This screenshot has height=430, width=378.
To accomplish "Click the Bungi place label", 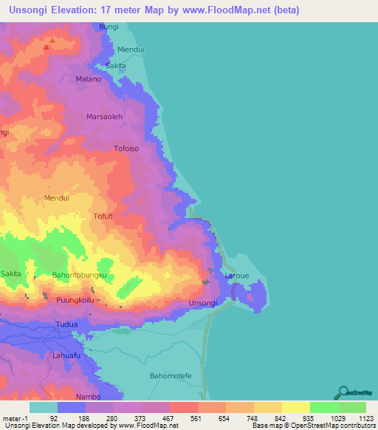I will [x=108, y=27].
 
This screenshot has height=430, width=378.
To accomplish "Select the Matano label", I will [x=89, y=78].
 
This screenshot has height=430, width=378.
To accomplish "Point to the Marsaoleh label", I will [x=104, y=117].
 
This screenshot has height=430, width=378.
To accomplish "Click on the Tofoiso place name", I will [x=127, y=149].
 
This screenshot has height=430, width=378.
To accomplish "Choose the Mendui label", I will [x=57, y=198].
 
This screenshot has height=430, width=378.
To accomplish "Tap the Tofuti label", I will [x=103, y=216].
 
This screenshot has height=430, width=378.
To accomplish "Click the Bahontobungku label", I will [x=80, y=276].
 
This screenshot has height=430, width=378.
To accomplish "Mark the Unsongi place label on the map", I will [x=203, y=304].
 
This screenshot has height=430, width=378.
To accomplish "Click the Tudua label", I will [x=66, y=325].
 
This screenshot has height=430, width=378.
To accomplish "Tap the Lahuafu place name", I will [x=66, y=355].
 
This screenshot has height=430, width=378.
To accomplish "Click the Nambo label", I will [x=89, y=397].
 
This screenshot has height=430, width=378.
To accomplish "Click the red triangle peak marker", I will [x=47, y=47].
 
